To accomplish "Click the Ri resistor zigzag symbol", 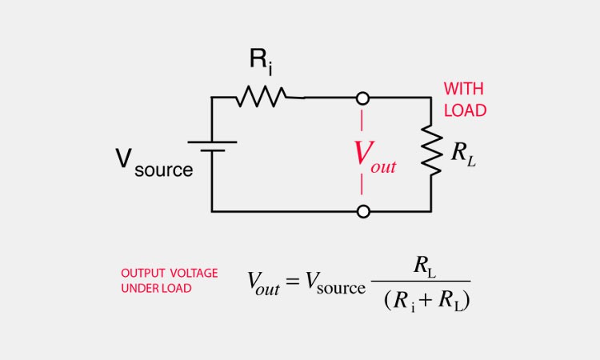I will pyautogui.click(x=261, y=98).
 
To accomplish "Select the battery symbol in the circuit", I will pyautogui.click(x=212, y=146).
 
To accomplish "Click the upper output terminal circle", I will pyautogui.click(x=363, y=98).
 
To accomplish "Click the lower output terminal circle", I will pyautogui.click(x=363, y=211).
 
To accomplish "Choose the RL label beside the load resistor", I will pyautogui.click(x=462, y=154).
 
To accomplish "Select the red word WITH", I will pyautogui.click(x=464, y=89).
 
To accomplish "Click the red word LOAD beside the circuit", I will pyautogui.click(x=465, y=110).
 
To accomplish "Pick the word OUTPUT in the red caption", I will pyautogui.click(x=142, y=274).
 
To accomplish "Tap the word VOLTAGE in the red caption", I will pyautogui.click(x=192, y=274).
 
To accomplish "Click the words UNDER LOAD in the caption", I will pyautogui.click(x=156, y=288).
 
